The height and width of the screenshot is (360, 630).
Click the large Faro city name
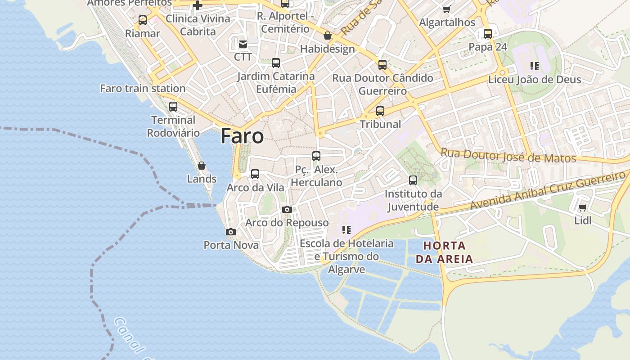242,136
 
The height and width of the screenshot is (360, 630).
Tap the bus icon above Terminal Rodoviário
173,107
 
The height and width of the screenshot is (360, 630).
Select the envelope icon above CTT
243,44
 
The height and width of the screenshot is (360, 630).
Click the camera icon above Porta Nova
231,232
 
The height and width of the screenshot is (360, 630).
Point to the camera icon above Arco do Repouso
287,209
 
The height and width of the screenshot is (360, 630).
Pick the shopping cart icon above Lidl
583,207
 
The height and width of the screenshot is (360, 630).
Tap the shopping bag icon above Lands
202,166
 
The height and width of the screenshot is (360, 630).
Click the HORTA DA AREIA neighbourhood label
444,252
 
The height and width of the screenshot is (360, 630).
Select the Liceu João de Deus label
535,80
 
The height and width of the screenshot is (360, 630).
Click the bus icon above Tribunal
380,111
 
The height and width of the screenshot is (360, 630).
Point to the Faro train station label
143,88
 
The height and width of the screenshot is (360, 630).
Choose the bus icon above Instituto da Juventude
413,180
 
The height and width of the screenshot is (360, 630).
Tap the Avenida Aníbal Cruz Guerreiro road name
548,190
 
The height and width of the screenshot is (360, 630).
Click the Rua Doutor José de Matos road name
508,156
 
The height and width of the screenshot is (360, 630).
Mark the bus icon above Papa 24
488,33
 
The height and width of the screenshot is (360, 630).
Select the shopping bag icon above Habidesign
328,36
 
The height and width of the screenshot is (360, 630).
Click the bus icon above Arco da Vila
255,174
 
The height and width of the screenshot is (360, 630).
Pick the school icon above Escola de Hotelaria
346,230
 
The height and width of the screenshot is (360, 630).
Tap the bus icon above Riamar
143,20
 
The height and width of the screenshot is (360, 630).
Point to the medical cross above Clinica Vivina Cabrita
198,5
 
